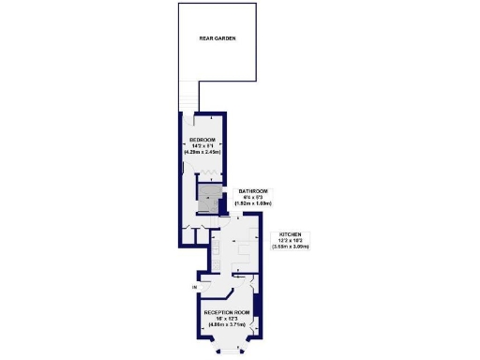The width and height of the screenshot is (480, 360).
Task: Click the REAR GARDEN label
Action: coord(217,39)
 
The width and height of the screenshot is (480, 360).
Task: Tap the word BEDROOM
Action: coord(202,140)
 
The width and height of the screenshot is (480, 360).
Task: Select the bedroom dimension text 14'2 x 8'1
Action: coord(202,145)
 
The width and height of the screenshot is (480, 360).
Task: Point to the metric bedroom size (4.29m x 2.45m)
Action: coord(202,151)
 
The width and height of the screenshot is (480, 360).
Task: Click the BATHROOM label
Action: coord(253,189)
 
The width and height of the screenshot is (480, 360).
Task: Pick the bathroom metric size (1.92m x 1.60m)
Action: coord(253,202)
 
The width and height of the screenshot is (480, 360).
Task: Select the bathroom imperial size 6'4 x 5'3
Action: coord(253,196)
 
